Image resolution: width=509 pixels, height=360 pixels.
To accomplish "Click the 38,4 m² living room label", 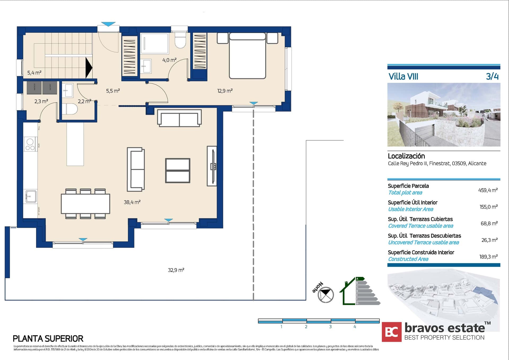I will click(x=132, y=202).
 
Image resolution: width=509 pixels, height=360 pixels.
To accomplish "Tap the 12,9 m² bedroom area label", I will click(x=225, y=91).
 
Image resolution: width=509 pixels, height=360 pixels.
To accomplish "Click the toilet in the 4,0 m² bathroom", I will click(x=180, y=41).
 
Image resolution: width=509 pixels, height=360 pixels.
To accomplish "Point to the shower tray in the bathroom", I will click(x=154, y=43).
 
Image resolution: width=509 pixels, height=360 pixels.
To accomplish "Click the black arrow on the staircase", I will click(x=89, y=68).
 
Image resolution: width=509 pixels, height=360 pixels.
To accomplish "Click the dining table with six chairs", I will click(x=85, y=204).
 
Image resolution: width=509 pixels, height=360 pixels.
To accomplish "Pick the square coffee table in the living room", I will click(x=178, y=171).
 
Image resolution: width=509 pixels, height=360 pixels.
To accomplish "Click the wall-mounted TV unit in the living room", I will click(x=212, y=166).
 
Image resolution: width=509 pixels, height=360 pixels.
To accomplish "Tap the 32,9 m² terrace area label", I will click(x=176, y=270).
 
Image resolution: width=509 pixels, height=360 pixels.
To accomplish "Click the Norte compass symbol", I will click(x=325, y=294).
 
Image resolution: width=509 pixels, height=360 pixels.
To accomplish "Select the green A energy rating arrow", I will click(x=360, y=279).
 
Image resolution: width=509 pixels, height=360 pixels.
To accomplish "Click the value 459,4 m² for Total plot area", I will click(x=488, y=190).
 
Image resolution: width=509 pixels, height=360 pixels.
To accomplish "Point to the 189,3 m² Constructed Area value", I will click(x=488, y=257).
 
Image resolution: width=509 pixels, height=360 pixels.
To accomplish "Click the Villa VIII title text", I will click(x=403, y=77).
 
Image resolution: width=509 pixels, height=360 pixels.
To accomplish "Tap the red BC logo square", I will click(x=392, y=332).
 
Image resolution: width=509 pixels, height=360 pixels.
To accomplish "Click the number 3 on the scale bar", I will click(x=330, y=327).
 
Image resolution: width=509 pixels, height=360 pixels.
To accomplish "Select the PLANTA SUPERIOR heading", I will click(x=48, y=339).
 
